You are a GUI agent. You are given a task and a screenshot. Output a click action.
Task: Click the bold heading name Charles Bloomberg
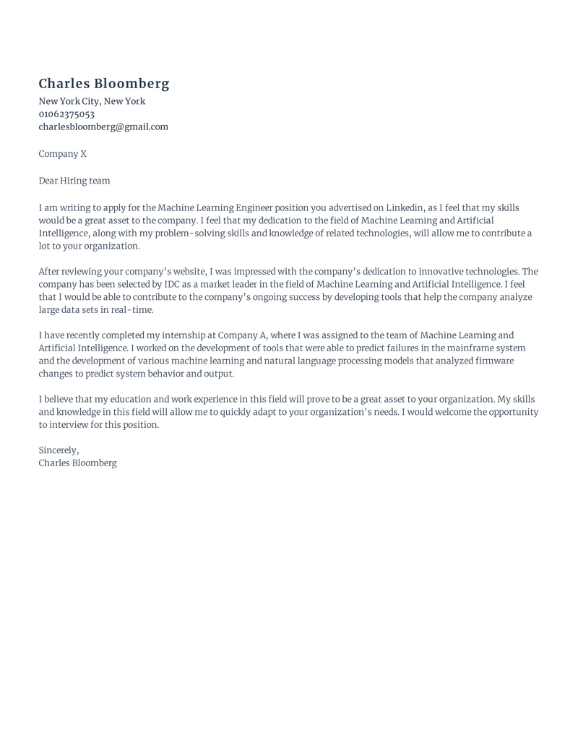pyautogui.click(x=104, y=84)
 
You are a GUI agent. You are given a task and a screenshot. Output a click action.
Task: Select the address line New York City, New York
pyautogui.click(x=92, y=101)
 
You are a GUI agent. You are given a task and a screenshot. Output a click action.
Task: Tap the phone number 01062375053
pyautogui.click(x=66, y=114)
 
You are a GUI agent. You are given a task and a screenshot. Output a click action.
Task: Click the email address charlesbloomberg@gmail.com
pyautogui.click(x=103, y=126)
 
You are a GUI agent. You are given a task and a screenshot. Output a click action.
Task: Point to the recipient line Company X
pyautogui.click(x=62, y=153)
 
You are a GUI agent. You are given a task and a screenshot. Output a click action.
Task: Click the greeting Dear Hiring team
pyautogui.click(x=74, y=180)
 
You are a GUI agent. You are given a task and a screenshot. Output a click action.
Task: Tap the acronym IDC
pyautogui.click(x=171, y=284)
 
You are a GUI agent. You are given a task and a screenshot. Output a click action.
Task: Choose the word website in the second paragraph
pyautogui.click(x=181, y=271)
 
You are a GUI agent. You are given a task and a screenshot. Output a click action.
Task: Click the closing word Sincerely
pyautogui.click(x=59, y=450)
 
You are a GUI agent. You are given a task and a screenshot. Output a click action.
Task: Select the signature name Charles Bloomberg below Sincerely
pyautogui.click(x=77, y=463)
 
